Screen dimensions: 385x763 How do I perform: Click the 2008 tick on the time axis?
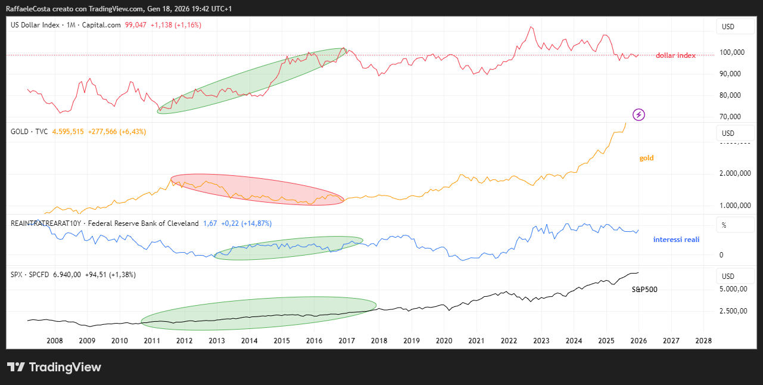pos(54,341)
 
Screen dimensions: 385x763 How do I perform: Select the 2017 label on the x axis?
pos(347,341)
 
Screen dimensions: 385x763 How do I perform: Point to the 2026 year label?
pos(639,341)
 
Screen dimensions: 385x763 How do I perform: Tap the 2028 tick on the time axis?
pos(703,341)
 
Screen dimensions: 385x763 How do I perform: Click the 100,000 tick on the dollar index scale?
pos(733,52)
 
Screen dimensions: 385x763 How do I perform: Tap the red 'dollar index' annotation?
pos(675,55)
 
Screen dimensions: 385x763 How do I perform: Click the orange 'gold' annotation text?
pos(646,158)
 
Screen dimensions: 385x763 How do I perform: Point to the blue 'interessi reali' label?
pos(676,240)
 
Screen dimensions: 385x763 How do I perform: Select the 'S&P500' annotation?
pos(644,289)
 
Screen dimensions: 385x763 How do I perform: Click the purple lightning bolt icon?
pos(639,114)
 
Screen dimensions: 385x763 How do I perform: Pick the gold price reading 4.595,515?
pos(68,132)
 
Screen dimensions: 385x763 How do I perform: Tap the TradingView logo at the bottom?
pos(54,367)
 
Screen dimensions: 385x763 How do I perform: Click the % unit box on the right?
pos(724,225)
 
